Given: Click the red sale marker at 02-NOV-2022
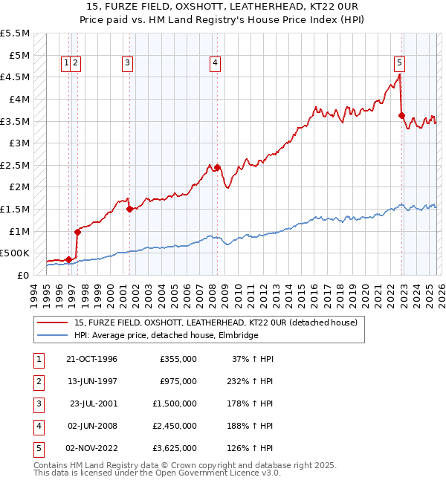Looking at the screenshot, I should [x=401, y=115].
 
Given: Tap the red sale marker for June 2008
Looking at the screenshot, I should [x=217, y=167].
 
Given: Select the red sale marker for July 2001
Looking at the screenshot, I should [x=130, y=209].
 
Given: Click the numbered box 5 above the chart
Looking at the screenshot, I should [x=400, y=63].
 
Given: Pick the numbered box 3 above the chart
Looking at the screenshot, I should [x=128, y=63].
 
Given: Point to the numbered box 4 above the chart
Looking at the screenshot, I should [x=215, y=63].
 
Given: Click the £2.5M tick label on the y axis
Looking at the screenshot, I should [x=16, y=164].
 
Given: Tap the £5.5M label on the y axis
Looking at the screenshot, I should [x=16, y=33].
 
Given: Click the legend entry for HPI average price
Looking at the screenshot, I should [x=166, y=336].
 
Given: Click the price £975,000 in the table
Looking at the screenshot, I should [x=179, y=381].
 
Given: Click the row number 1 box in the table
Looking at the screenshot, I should [x=38, y=359].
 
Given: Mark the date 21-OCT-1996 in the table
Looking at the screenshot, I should [x=91, y=359].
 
